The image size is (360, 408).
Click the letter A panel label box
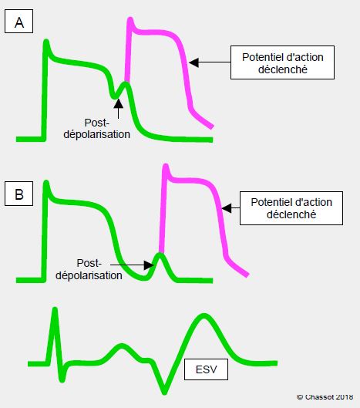pyautogui.click(x=19, y=22)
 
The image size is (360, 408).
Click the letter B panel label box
pyautogui.click(x=19, y=194)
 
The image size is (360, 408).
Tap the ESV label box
pyautogui.click(x=206, y=369)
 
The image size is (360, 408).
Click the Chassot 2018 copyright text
pyautogui.click(x=325, y=397)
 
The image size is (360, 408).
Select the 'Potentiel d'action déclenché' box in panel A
pyautogui.click(x=282, y=62)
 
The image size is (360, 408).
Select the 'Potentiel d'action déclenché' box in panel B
pyautogui.click(x=291, y=208)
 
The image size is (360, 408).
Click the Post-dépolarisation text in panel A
pyautogui.click(x=97, y=129)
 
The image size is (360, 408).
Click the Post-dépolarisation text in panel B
pyautogui.click(x=89, y=269)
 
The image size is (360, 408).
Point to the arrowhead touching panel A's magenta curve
pyautogui.click(x=193, y=62)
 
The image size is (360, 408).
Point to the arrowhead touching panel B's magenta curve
pyautogui.click(x=227, y=208)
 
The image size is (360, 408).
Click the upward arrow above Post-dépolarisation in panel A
pyautogui.click(x=119, y=109)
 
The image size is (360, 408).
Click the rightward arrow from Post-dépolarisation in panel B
pyautogui.click(x=132, y=265)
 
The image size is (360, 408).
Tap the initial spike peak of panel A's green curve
pyautogui.click(x=46, y=41)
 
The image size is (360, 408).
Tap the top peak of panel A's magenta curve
pyautogui.click(x=130, y=19)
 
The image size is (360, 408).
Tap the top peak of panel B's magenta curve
pyautogui.click(x=166, y=166)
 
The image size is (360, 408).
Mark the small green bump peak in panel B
pyautogui.click(x=160, y=255)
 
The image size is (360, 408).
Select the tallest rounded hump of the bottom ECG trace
pyautogui.click(x=204, y=316)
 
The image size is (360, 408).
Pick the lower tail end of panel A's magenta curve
pyautogui.click(x=212, y=126)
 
